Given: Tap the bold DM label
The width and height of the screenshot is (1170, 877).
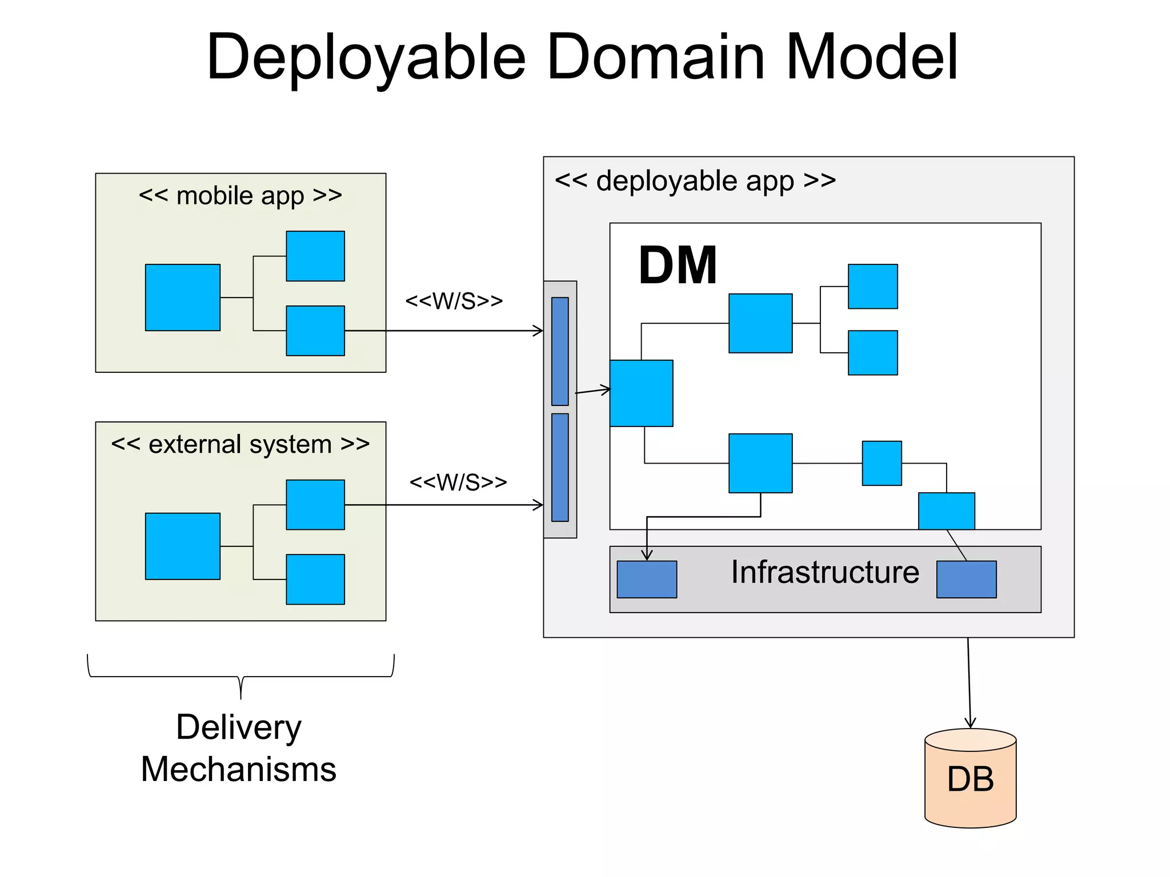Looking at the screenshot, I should [x=678, y=265].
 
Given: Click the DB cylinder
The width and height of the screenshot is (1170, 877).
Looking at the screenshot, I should [x=970, y=779].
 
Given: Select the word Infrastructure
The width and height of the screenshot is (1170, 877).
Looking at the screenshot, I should [x=825, y=572].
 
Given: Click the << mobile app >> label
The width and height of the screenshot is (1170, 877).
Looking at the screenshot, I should [x=240, y=196].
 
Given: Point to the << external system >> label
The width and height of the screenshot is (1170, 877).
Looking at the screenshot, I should [x=240, y=444].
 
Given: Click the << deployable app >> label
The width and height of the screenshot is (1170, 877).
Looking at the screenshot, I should [x=695, y=181].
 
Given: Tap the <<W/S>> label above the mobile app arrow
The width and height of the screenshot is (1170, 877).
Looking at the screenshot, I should [x=454, y=301].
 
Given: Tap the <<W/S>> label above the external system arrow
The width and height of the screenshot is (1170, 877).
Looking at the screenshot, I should [x=458, y=482].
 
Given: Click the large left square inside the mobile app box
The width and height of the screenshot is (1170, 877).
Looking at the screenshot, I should [x=182, y=297].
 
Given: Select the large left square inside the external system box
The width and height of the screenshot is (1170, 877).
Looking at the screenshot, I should [x=182, y=546].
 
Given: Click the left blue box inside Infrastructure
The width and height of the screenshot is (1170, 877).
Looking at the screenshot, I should [x=647, y=580].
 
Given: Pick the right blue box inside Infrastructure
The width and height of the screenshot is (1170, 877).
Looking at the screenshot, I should [x=966, y=580].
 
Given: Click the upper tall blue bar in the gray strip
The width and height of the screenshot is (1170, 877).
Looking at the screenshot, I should [x=560, y=351].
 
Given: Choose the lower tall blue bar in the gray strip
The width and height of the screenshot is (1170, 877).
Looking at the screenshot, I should [x=560, y=467].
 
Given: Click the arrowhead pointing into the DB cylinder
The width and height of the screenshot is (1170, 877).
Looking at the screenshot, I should [x=970, y=723].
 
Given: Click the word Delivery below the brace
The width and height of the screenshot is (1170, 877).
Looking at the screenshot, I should [x=238, y=727].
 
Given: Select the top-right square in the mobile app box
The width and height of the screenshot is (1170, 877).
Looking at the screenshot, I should [x=315, y=256].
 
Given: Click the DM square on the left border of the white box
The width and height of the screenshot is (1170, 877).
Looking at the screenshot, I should [x=641, y=393].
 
